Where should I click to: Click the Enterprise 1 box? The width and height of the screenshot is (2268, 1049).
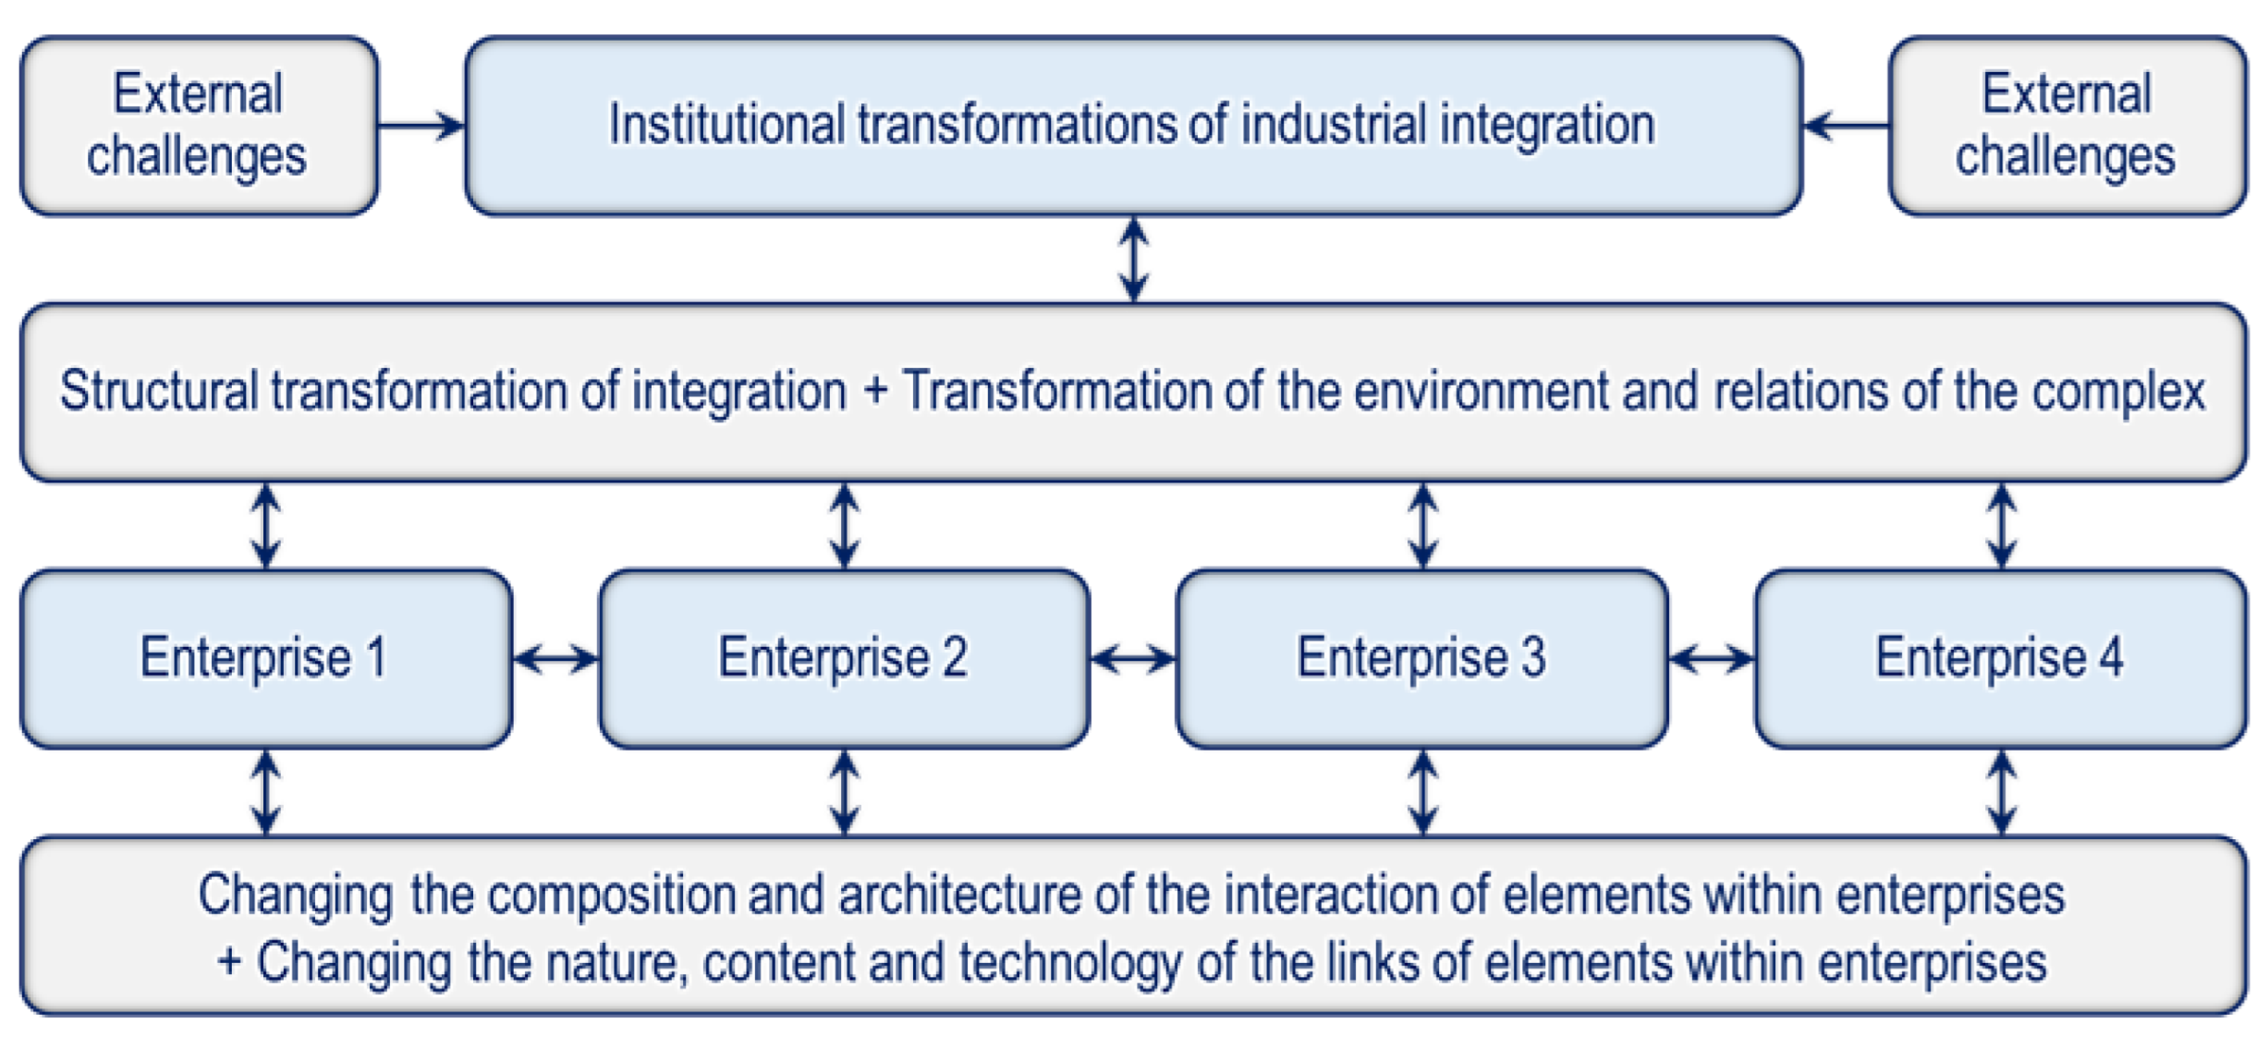coord(266,658)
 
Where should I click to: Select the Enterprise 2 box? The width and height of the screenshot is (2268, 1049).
coord(844,658)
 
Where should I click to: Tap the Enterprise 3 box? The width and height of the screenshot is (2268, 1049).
coord(1421,658)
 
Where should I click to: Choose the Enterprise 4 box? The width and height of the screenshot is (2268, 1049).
coord(2000,658)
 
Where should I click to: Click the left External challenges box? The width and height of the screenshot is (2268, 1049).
coord(199,126)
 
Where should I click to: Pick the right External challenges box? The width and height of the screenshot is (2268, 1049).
coord(2067,126)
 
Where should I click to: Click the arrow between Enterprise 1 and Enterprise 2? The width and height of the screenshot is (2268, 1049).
coord(555,659)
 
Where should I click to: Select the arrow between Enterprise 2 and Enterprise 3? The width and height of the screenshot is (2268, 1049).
coord(1133,659)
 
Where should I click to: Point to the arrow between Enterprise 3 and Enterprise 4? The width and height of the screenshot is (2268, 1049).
coord(1712,659)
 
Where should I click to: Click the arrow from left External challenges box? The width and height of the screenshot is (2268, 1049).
coord(421,125)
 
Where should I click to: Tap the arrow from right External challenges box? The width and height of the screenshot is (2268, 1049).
coord(1846,125)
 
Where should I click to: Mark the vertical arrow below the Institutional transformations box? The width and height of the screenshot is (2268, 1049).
coord(1134,259)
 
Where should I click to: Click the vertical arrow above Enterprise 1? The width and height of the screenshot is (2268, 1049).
coord(266,525)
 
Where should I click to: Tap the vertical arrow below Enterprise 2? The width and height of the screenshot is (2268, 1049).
coord(845,792)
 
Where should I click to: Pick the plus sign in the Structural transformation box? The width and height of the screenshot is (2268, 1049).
coord(874,390)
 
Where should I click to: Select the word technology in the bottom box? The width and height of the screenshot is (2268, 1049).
coord(1069,963)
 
